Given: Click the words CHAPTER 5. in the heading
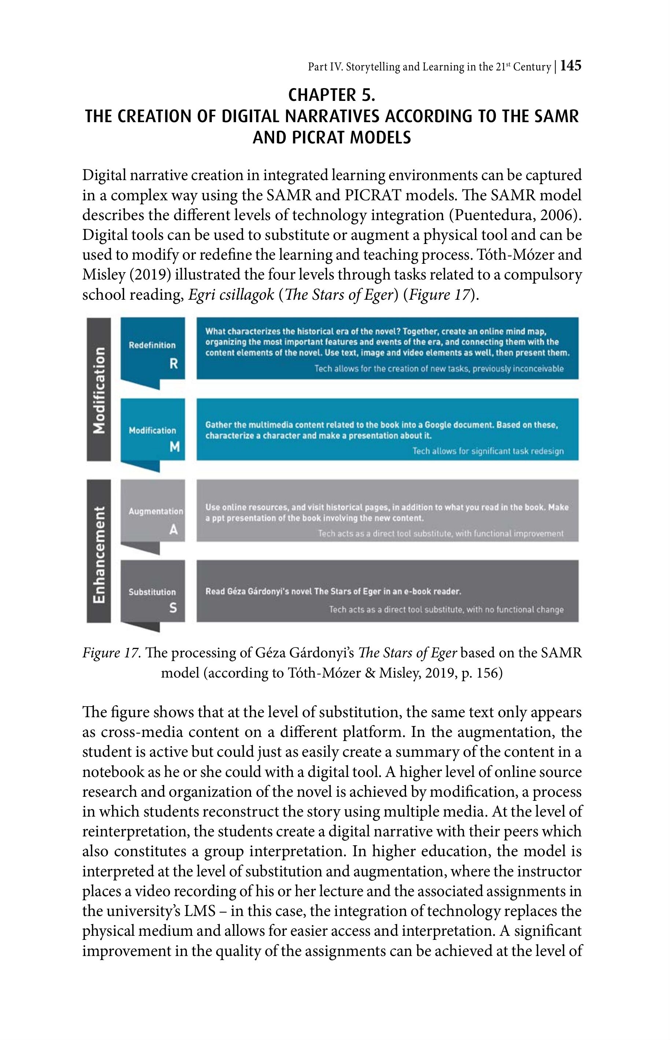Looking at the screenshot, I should pyautogui.click(x=332, y=95).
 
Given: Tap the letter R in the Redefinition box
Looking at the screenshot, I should pyautogui.click(x=173, y=364).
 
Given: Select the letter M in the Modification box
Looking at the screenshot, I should pyautogui.click(x=174, y=447).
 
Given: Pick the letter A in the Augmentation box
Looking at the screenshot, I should pyautogui.click(x=173, y=529).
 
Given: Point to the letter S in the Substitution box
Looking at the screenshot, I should pyautogui.click(x=173, y=608).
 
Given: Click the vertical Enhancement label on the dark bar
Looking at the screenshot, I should pyautogui.click(x=99, y=554).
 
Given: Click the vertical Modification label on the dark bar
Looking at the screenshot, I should pyautogui.click(x=99, y=390).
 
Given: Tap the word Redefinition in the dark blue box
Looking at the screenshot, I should pyautogui.click(x=152, y=345).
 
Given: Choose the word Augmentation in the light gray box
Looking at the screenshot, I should pyautogui.click(x=155, y=511).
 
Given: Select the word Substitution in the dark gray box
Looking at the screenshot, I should pyautogui.click(x=152, y=592).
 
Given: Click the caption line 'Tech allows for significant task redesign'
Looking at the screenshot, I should pyautogui.click(x=488, y=451).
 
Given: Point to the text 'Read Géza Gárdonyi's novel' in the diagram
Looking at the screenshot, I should pyautogui.click(x=258, y=591).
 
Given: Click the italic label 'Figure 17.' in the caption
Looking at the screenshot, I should pyautogui.click(x=111, y=653).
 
